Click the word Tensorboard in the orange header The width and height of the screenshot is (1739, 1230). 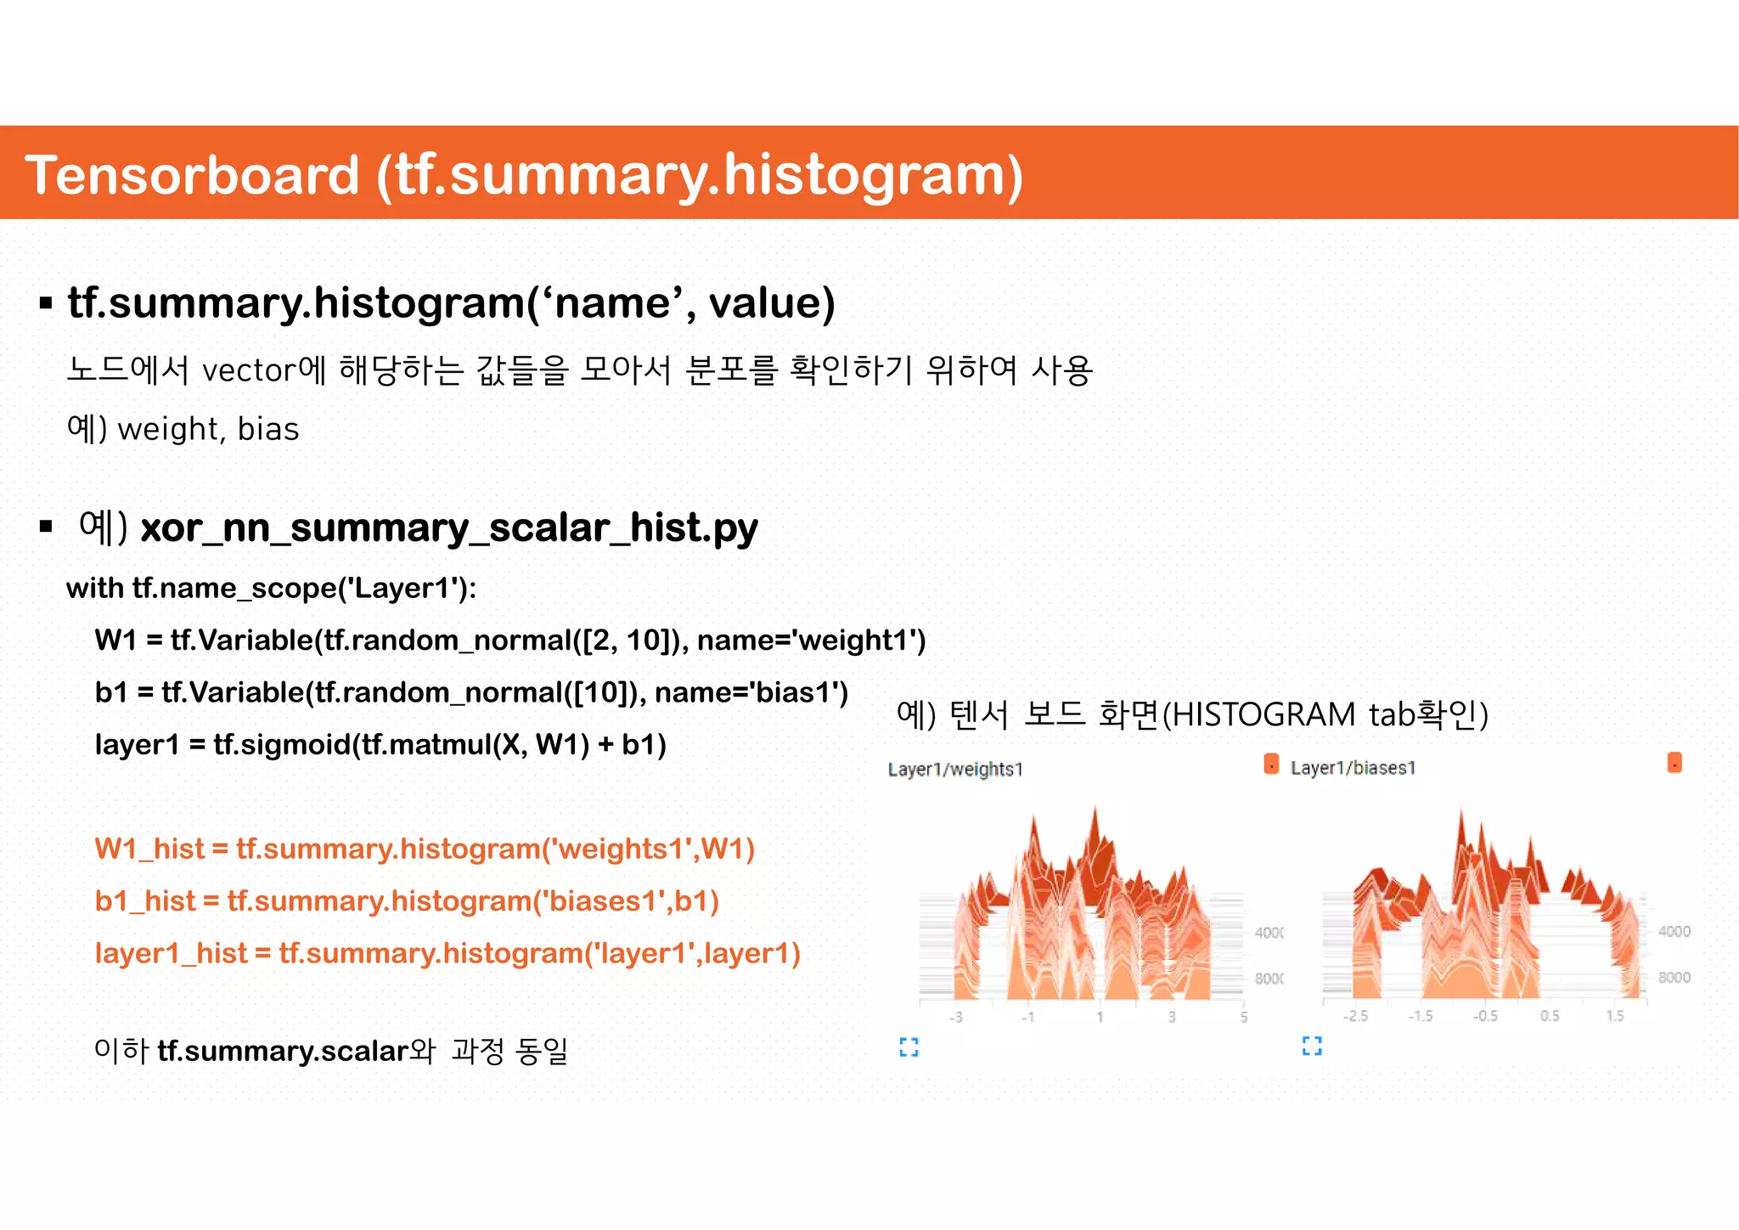tap(192, 175)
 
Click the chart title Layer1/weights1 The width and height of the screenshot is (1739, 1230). tap(955, 770)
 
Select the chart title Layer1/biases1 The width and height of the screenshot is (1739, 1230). tap(1353, 768)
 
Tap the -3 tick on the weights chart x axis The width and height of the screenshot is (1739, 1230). tap(956, 1017)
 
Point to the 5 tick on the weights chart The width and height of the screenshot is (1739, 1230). tap(1243, 1017)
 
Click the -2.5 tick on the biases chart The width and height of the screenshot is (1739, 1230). tap(1355, 1016)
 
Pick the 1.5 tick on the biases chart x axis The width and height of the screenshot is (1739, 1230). tap(1614, 1016)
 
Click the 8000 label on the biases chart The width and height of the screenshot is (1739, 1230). tap(1674, 978)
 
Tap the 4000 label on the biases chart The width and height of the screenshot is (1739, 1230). tap(1674, 932)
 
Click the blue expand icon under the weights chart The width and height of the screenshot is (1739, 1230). tap(909, 1047)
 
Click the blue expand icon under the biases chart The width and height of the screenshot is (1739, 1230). tap(1312, 1046)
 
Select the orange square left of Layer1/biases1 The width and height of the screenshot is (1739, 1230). tap(1271, 764)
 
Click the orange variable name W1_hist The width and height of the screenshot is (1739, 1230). tap(149, 849)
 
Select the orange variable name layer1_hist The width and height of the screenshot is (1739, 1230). tap(171, 953)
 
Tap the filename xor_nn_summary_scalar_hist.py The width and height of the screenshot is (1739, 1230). tap(448, 528)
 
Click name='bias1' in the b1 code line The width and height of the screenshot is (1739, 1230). tap(751, 692)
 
